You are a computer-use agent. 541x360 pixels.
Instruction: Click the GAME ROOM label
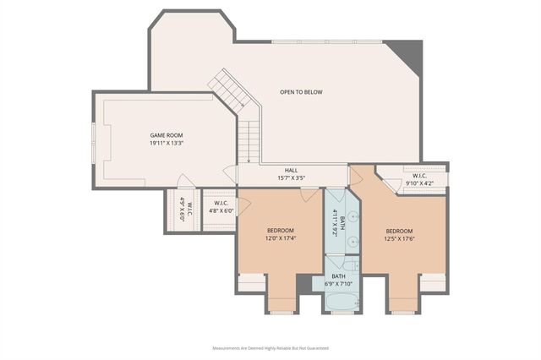point(166,135)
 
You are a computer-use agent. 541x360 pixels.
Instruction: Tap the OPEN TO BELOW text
point(301,92)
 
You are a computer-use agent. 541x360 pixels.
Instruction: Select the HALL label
point(291,170)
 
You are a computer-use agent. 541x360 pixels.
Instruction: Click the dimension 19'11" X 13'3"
point(166,144)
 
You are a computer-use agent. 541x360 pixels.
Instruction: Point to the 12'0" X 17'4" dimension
point(281,239)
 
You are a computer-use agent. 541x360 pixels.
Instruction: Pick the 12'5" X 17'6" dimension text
point(399,239)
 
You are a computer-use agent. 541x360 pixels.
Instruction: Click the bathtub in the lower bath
point(342,302)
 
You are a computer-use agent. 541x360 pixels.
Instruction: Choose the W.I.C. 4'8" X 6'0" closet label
point(221,207)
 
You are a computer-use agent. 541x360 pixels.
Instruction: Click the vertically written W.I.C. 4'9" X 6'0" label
point(185,209)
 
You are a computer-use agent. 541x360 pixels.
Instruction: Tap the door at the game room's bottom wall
point(186,181)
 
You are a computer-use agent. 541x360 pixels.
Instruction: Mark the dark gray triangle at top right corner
point(409,53)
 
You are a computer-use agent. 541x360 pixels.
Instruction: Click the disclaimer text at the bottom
point(270,347)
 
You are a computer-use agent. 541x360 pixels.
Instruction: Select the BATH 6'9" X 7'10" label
point(338,280)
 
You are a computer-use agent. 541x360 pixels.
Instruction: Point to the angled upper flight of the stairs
point(227,88)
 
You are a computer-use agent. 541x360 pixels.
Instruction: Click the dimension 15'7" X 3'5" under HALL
point(291,178)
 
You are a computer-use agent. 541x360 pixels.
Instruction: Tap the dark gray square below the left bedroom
point(303,284)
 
